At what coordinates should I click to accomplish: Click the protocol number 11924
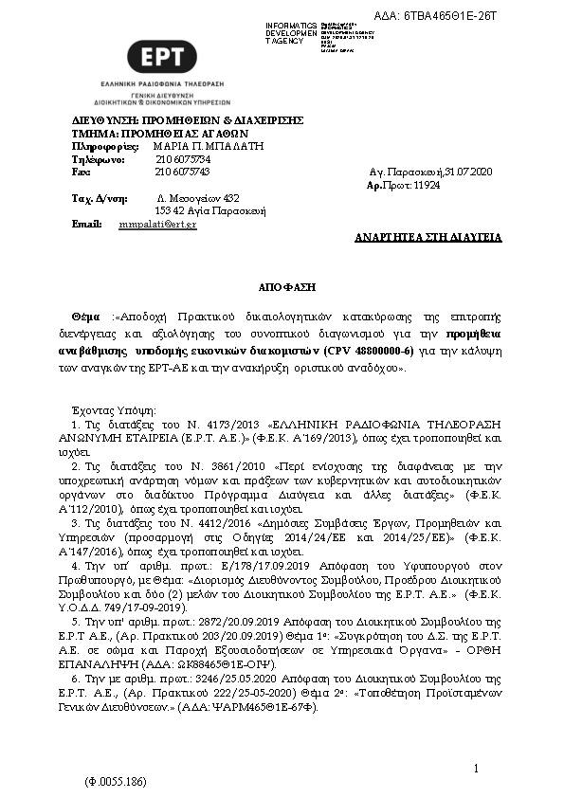click(x=428, y=187)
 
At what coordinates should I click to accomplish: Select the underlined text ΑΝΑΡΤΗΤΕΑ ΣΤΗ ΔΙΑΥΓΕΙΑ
click(x=428, y=237)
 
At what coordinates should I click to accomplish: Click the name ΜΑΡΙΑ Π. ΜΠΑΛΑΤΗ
click(x=208, y=147)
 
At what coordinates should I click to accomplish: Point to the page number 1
click(x=476, y=766)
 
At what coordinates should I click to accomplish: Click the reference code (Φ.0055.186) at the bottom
click(x=116, y=782)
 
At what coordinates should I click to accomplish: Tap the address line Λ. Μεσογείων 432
click(x=197, y=198)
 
